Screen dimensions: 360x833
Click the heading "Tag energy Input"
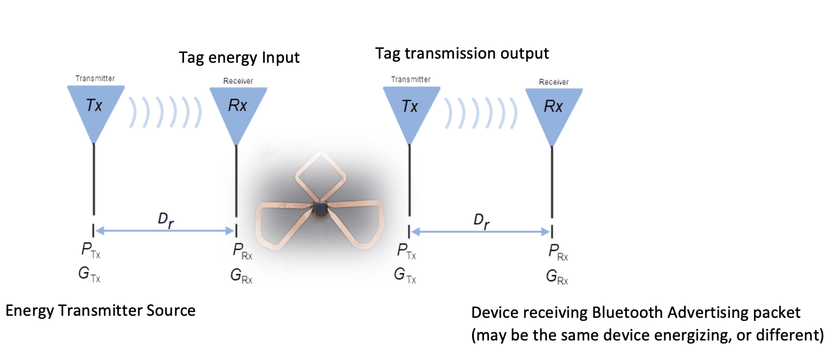(x=239, y=58)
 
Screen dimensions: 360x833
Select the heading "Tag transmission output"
(x=462, y=53)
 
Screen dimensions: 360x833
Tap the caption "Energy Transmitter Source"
(x=100, y=311)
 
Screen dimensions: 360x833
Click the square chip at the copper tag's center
(x=320, y=208)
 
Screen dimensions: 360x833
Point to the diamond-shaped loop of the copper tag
(x=320, y=175)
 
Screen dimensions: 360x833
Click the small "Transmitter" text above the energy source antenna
(x=95, y=79)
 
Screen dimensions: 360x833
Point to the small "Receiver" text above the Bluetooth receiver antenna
(x=554, y=82)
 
